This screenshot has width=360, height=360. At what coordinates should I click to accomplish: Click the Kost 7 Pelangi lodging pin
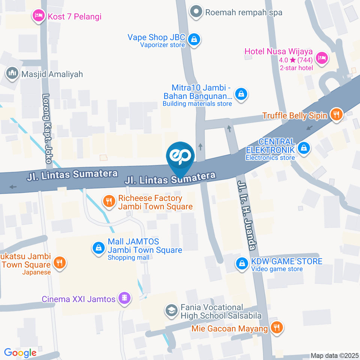[x=38, y=16]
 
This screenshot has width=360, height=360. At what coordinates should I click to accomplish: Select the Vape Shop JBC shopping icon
[x=194, y=38]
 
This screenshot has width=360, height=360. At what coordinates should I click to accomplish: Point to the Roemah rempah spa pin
[x=195, y=12]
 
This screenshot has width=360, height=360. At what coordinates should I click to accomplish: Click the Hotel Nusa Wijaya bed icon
[x=321, y=57]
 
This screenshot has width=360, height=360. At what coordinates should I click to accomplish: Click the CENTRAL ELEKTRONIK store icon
[x=303, y=148]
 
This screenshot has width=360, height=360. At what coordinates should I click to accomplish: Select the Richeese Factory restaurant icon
[x=109, y=201]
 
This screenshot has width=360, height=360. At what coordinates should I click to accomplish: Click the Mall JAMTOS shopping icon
[x=98, y=247]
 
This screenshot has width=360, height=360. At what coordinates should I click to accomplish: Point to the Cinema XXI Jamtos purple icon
[x=124, y=298]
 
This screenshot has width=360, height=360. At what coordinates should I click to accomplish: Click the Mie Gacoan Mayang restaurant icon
[x=277, y=327]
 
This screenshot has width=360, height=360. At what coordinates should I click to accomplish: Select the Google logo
[x=20, y=352]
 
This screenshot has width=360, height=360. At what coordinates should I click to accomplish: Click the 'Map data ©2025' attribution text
[x=334, y=355]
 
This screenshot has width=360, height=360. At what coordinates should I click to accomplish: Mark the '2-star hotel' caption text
[x=296, y=68]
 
